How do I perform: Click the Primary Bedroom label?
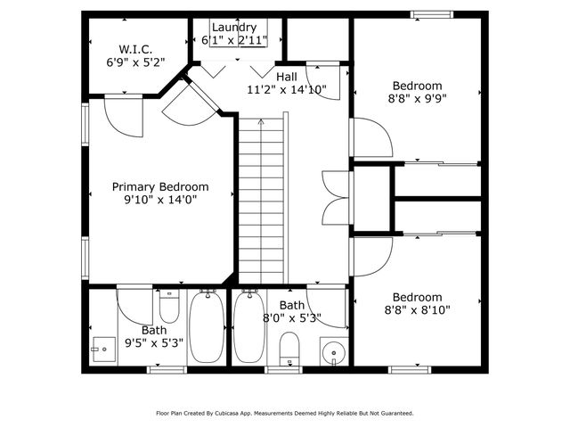(160, 186)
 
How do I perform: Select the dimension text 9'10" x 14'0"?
(160, 201)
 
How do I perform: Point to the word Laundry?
(234, 28)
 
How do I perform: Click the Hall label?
(287, 76)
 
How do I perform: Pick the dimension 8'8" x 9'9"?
(419, 100)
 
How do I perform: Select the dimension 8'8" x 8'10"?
(418, 310)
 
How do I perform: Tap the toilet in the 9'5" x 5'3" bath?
(169, 308)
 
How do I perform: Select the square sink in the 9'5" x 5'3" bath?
(105, 347)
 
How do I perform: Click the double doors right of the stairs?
(330, 196)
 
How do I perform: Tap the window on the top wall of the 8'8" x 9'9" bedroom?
(436, 13)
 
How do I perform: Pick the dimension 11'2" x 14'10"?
(287, 89)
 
